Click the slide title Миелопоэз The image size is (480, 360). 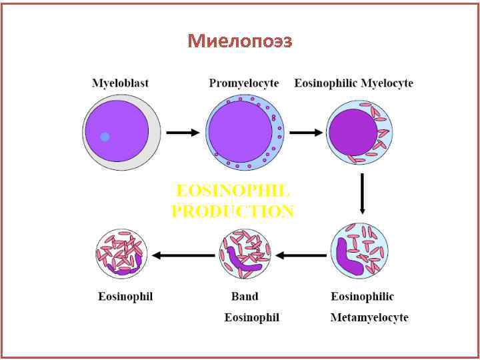(x=240, y=41)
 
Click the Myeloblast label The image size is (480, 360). (x=120, y=83)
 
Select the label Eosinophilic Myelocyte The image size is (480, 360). (x=354, y=83)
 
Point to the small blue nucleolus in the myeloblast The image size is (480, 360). (x=105, y=137)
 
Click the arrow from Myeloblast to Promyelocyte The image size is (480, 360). (x=182, y=133)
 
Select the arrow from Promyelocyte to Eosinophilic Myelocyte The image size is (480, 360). (x=305, y=133)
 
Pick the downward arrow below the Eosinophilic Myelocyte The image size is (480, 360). (x=362, y=193)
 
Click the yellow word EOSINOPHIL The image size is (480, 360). (x=232, y=191)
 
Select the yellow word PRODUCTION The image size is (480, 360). (x=232, y=211)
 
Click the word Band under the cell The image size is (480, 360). (x=245, y=296)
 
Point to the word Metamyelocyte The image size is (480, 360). (x=369, y=317)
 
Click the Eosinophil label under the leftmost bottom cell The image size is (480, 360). (x=125, y=296)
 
